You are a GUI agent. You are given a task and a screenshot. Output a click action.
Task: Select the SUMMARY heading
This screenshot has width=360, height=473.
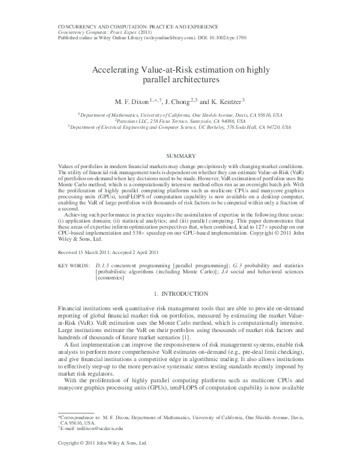(180, 156)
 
